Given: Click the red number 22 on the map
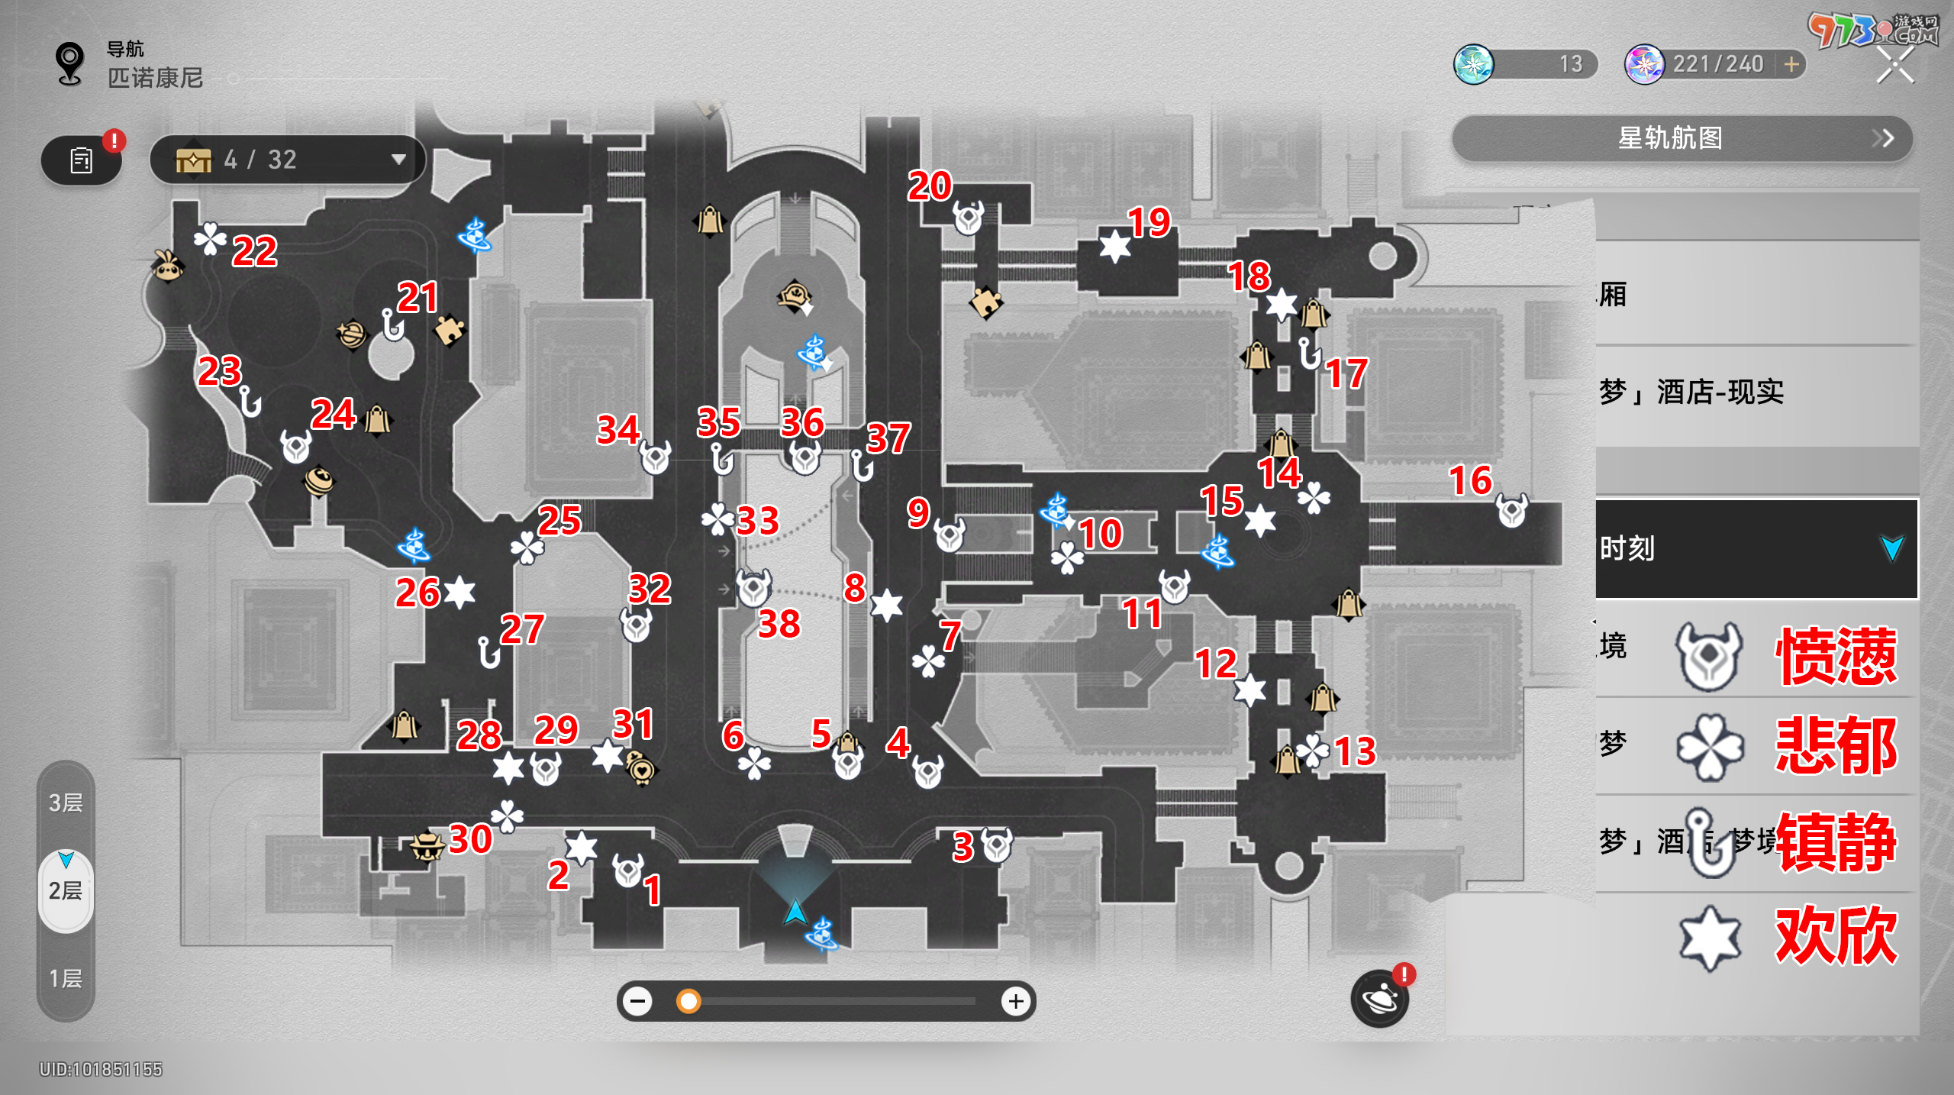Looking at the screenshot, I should [254, 251].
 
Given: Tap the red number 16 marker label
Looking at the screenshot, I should [1470, 480].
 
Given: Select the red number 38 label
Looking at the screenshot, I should [779, 624].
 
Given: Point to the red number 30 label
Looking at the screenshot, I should [470, 839].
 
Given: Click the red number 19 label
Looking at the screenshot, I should [1149, 222].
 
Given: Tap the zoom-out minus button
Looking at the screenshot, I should [637, 1001].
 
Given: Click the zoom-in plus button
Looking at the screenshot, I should [1015, 1001].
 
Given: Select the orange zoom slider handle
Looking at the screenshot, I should [688, 1001].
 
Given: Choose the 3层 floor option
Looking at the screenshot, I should [66, 803].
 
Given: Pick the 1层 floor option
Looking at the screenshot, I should [66, 978].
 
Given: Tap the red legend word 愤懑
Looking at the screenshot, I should [1836, 656].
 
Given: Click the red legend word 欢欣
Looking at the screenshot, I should [1836, 935].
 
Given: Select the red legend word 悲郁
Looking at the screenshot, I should [1836, 746].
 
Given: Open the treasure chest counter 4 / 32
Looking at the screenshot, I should [287, 160].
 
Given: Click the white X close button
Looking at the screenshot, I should [1894, 64].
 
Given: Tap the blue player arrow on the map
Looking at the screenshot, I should [795, 911].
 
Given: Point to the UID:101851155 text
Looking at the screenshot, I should [101, 1069].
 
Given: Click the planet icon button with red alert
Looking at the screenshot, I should [1379, 998].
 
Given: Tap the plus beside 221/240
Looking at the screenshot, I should [1791, 64].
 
